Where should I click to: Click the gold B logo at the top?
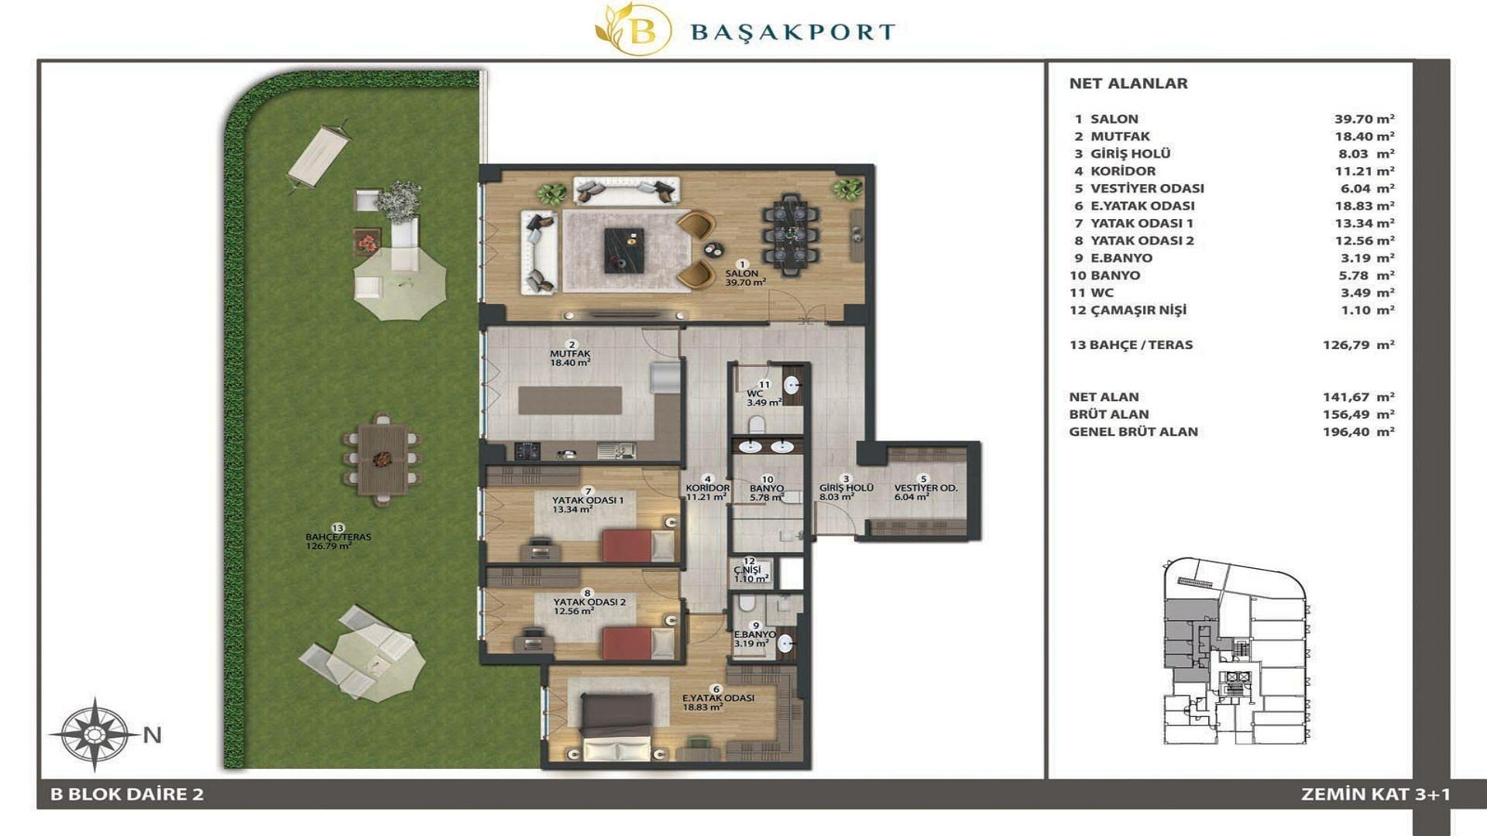click(x=633, y=30)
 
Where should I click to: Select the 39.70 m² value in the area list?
click(x=1364, y=119)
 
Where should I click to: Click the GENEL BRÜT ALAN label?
click(x=1133, y=432)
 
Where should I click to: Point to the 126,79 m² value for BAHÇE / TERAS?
click(x=1358, y=345)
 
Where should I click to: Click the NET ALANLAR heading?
click(x=1128, y=84)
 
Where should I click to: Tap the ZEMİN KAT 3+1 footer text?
click(x=1375, y=794)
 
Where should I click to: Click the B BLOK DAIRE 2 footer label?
click(x=127, y=794)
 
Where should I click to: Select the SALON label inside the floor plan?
click(x=741, y=273)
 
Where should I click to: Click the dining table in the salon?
click(x=790, y=234)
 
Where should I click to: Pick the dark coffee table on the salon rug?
click(x=624, y=250)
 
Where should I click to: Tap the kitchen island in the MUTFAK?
click(x=570, y=400)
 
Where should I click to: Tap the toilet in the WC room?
click(x=757, y=424)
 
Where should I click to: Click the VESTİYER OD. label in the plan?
click(x=926, y=488)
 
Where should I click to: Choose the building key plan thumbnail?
click(x=1235, y=651)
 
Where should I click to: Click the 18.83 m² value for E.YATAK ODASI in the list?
click(x=1364, y=206)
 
